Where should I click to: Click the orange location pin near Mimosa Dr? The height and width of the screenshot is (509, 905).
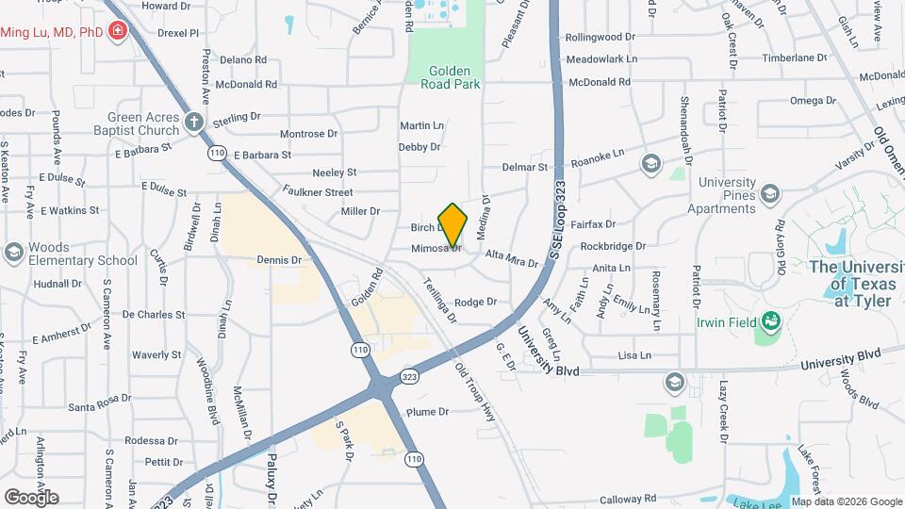tap(452, 225)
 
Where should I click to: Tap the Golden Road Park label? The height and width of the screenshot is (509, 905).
tap(454, 76)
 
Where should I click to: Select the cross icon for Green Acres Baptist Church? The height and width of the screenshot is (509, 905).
tap(194, 121)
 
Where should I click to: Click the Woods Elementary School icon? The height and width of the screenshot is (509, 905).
tap(13, 252)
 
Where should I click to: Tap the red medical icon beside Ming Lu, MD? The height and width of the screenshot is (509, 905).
tap(118, 32)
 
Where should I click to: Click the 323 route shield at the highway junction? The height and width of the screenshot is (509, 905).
tap(408, 376)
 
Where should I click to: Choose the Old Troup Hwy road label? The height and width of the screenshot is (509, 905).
tap(474, 392)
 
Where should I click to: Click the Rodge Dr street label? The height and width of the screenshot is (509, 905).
tap(475, 303)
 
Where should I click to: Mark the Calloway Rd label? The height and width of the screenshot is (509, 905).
tap(630, 500)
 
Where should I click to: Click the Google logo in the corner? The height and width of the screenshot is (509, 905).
tap(31, 497)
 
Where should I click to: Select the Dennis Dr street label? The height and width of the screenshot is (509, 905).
tap(279, 259)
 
